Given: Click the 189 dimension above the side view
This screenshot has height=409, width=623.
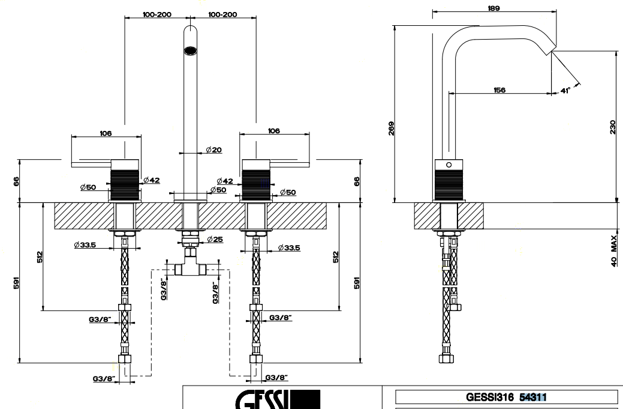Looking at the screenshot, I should tap(494, 8).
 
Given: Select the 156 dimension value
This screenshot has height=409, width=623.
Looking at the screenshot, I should tap(499, 89).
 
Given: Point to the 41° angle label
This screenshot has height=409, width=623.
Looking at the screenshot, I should tap(564, 91).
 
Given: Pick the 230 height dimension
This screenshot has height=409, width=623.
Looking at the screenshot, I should tap(612, 127).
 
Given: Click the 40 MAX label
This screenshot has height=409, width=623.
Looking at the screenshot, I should tap(614, 252).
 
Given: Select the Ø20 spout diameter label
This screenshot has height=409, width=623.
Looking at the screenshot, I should tap(213, 150).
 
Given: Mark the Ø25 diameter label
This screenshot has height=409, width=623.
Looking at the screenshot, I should tap(213, 240).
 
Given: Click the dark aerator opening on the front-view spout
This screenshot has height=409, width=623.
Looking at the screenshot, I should tap(190, 50).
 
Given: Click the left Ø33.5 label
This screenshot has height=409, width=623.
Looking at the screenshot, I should tap(86, 245).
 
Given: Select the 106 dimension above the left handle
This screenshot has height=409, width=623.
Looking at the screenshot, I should tap(106, 133).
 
